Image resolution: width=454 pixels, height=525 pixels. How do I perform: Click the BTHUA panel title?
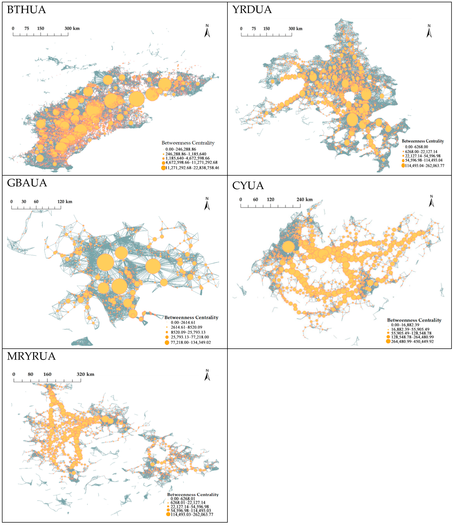pyautogui.click(x=26, y=10)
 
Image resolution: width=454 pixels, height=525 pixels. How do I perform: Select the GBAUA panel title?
pyautogui.click(x=27, y=183)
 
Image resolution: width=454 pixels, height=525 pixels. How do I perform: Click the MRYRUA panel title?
pyautogui.click(x=31, y=356)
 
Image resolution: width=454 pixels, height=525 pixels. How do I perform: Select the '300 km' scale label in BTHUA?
pyautogui.click(x=72, y=28)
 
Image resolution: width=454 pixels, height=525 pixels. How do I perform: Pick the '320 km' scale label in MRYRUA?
pyautogui.click(x=85, y=374)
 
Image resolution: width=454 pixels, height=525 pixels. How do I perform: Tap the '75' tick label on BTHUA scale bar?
pyautogui.click(x=27, y=28)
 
